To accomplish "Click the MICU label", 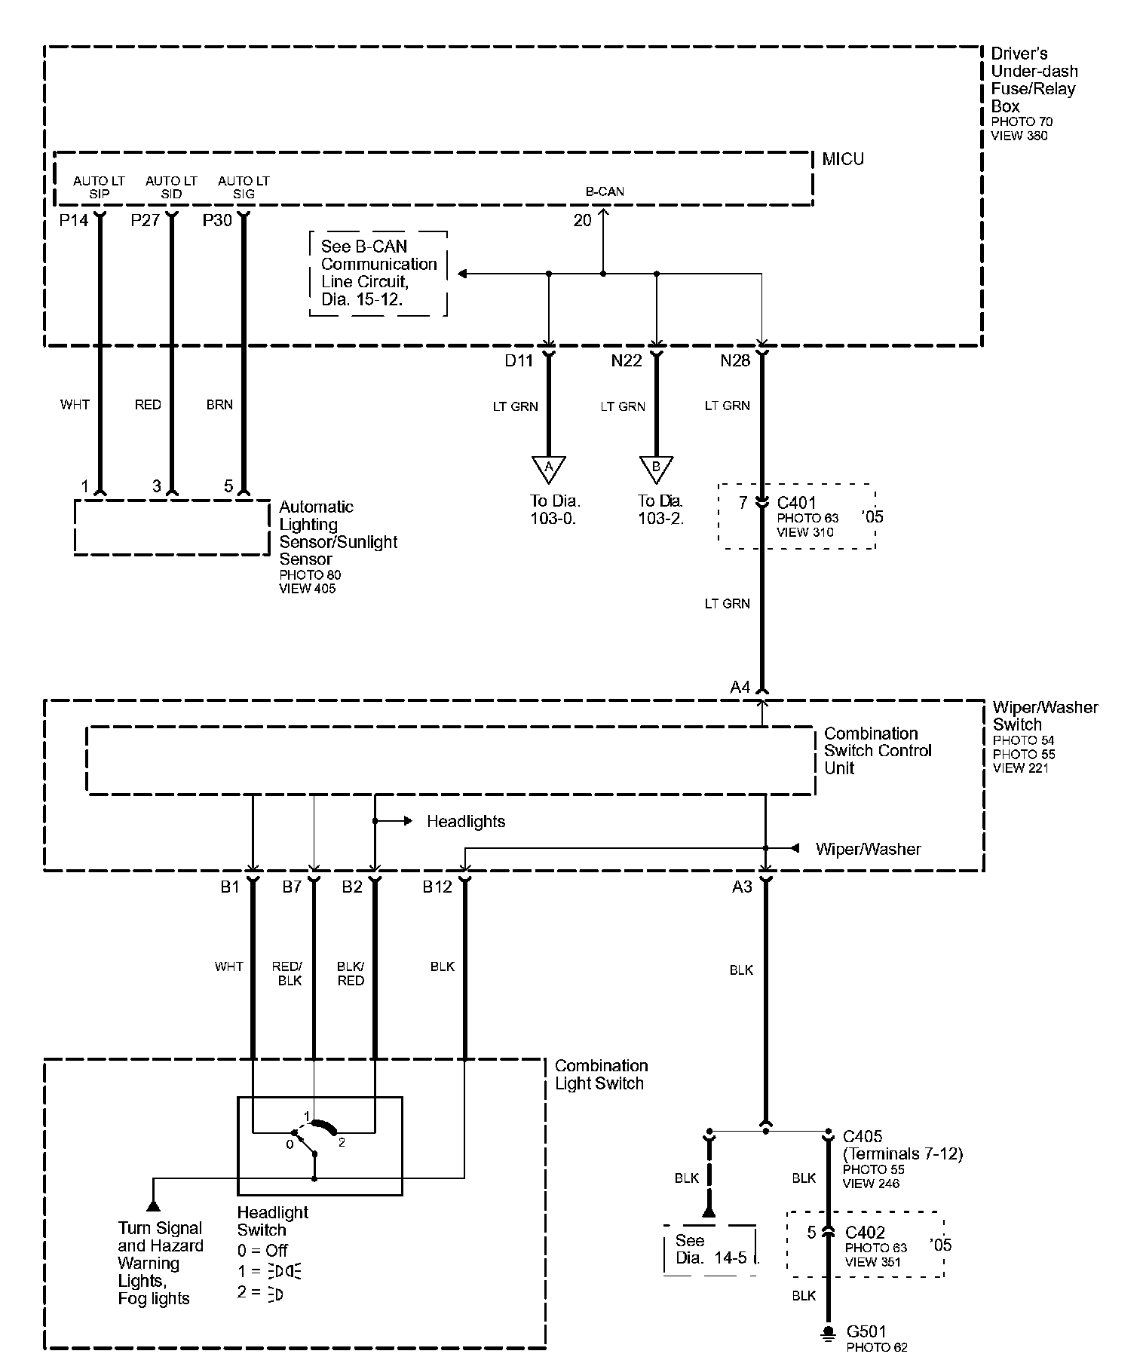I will pyautogui.click(x=843, y=159).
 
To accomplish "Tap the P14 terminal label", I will pyautogui.click(x=73, y=220).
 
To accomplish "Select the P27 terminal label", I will pyautogui.click(x=146, y=220).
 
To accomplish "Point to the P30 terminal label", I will pyautogui.click(x=217, y=220).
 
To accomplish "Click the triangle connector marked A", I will pyautogui.click(x=549, y=467).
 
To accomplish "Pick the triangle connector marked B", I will pyautogui.click(x=656, y=467).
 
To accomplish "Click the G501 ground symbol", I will pyautogui.click(x=829, y=1332).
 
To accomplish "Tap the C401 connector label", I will pyautogui.click(x=796, y=503).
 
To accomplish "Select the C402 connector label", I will pyautogui.click(x=865, y=1233).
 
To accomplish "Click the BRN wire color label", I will pyautogui.click(x=219, y=405).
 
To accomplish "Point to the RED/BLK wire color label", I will pyautogui.click(x=287, y=973).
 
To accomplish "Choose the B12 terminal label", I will pyautogui.click(x=437, y=887).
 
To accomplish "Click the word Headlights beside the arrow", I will pyautogui.click(x=466, y=821).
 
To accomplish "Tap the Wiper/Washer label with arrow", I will pyautogui.click(x=868, y=849).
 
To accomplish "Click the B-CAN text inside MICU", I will pyautogui.click(x=605, y=191).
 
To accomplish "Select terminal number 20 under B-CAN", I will pyautogui.click(x=583, y=220).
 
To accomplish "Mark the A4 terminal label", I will pyautogui.click(x=740, y=687).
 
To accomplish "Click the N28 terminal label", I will pyautogui.click(x=735, y=360).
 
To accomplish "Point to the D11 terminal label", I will pyautogui.click(x=519, y=360).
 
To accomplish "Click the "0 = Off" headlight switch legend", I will pyautogui.click(x=262, y=1250).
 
